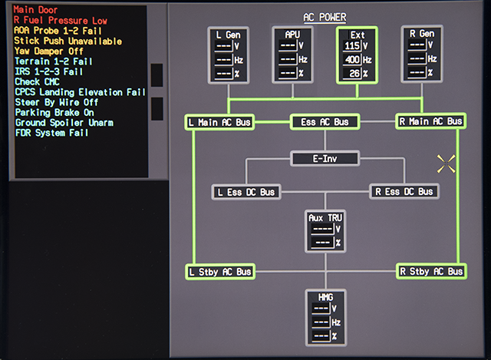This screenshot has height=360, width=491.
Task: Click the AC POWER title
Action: click(x=325, y=17)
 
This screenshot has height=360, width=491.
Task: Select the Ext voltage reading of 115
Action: click(x=352, y=46)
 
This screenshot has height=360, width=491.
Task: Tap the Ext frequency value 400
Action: click(x=352, y=60)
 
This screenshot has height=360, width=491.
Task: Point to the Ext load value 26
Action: click(x=354, y=74)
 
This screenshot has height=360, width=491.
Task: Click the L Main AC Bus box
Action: click(x=219, y=122)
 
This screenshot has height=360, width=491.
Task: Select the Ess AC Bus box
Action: click(x=325, y=122)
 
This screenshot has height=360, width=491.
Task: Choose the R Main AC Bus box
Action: click(x=431, y=121)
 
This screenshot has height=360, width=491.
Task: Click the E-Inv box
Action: click(x=325, y=159)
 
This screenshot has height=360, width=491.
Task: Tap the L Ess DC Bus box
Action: click(x=246, y=192)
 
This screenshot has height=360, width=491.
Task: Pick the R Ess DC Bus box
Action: click(x=404, y=191)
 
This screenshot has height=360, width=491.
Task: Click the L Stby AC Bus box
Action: click(x=220, y=272)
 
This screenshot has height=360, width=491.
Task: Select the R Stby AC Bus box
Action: click(x=431, y=271)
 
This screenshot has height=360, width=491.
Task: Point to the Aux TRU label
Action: click(x=325, y=218)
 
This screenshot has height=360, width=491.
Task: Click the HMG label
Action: click(x=325, y=297)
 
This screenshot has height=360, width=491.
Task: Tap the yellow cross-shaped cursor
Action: click(x=447, y=163)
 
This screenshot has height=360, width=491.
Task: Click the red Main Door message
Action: click(x=35, y=10)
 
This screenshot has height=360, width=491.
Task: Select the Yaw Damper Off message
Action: click(x=49, y=51)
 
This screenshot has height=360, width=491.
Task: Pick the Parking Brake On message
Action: click(x=54, y=113)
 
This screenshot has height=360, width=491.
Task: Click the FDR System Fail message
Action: click(x=51, y=133)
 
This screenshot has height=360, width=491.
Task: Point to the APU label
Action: click(x=292, y=35)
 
